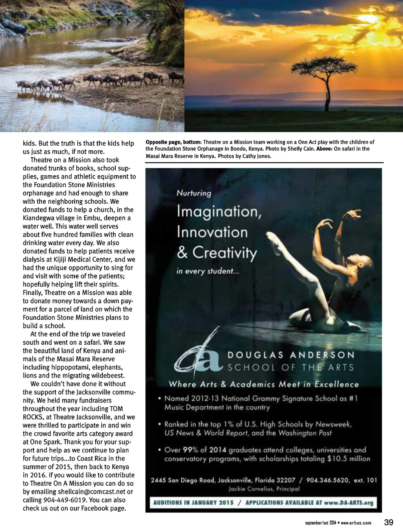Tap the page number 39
(388, 522)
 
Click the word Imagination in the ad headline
(219, 211)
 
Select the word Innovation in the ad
(212, 232)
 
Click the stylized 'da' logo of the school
(199, 356)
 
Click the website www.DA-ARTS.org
(348, 503)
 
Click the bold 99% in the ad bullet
(190, 450)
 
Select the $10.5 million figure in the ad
(349, 459)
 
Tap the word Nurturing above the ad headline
(194, 193)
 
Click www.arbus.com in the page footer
(356, 523)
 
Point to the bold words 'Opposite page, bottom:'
(174, 142)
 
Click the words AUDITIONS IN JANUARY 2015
(193, 503)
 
